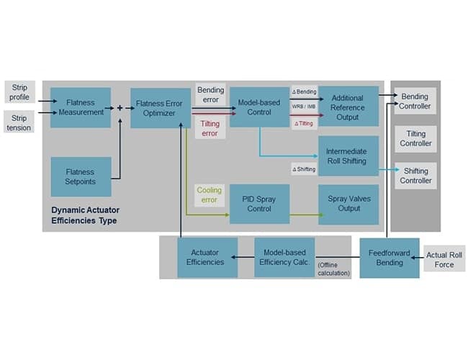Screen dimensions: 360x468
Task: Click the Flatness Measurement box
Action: (81, 107)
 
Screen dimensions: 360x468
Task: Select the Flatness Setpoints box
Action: (81, 177)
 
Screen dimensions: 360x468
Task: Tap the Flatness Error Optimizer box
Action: (160, 107)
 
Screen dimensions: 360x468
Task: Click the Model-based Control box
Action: (259, 107)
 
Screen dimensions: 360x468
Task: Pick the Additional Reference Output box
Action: (348, 107)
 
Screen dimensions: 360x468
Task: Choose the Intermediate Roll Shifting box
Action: (348, 156)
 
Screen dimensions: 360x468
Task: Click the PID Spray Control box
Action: (259, 204)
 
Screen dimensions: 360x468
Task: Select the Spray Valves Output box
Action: (348, 204)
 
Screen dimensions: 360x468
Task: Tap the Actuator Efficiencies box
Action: (207, 258)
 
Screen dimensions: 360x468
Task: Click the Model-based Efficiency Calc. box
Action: (284, 258)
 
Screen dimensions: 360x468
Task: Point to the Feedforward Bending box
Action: (390, 258)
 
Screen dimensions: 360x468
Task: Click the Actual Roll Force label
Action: (444, 259)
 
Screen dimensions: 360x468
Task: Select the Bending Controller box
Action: (415, 102)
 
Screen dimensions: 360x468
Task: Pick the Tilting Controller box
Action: (415, 138)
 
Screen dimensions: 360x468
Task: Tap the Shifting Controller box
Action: (415, 176)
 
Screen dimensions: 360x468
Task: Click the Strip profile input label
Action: (19, 92)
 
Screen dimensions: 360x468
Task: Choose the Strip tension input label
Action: (19, 122)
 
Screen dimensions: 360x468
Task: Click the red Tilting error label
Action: (210, 128)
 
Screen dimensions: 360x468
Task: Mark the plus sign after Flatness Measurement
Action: (120, 109)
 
